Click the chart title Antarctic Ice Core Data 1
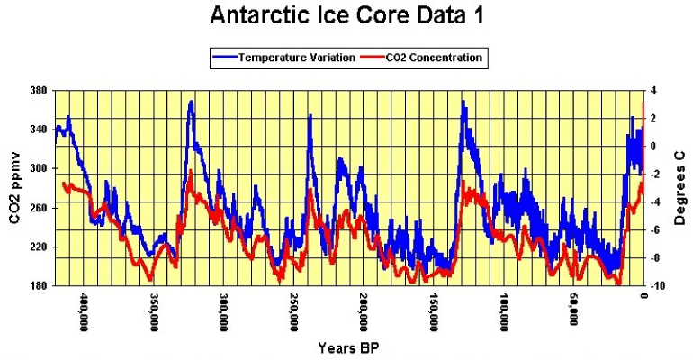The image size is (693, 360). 347,15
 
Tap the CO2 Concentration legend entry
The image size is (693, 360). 422,58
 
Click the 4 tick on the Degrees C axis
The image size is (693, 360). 654,91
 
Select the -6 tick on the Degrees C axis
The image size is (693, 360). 654,230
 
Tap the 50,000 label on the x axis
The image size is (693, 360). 573,310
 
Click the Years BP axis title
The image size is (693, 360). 348,347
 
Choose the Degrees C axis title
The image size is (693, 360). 680,189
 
